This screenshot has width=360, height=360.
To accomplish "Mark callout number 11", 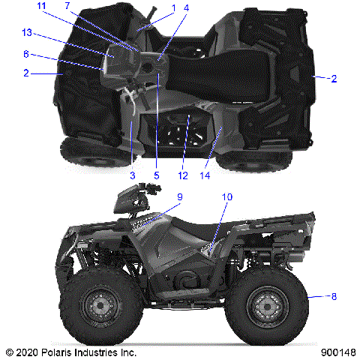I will pyautogui.click(x=41, y=6).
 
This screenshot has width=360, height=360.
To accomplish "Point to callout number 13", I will pyautogui.click(x=27, y=32).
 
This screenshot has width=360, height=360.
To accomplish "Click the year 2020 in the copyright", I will pyautogui.click(x=28, y=351).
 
